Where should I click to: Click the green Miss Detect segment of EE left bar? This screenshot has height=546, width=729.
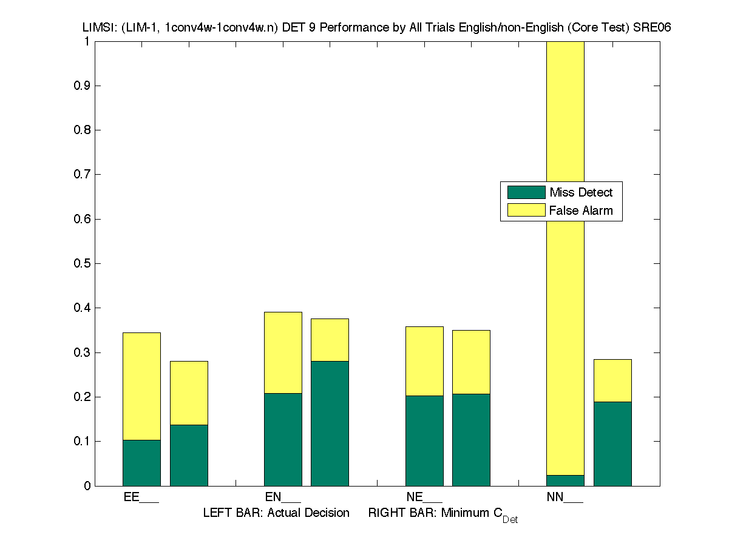click(x=141, y=463)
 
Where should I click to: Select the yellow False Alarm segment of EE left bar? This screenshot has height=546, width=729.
click(x=141, y=386)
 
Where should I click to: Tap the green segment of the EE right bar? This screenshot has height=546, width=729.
click(x=189, y=455)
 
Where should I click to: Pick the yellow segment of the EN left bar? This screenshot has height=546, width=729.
click(x=283, y=352)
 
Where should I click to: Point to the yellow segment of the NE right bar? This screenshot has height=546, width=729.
click(x=471, y=362)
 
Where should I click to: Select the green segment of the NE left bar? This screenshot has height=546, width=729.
click(x=424, y=440)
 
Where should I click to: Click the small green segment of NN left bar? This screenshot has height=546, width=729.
click(x=565, y=480)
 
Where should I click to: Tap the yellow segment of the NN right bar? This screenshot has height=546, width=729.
click(x=612, y=380)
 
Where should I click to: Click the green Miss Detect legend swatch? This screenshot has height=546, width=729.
click(x=526, y=192)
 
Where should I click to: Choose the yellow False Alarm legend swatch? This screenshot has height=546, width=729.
click(x=526, y=211)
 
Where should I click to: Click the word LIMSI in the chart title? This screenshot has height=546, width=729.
click(x=99, y=28)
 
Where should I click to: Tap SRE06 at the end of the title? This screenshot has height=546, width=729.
click(x=652, y=28)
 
